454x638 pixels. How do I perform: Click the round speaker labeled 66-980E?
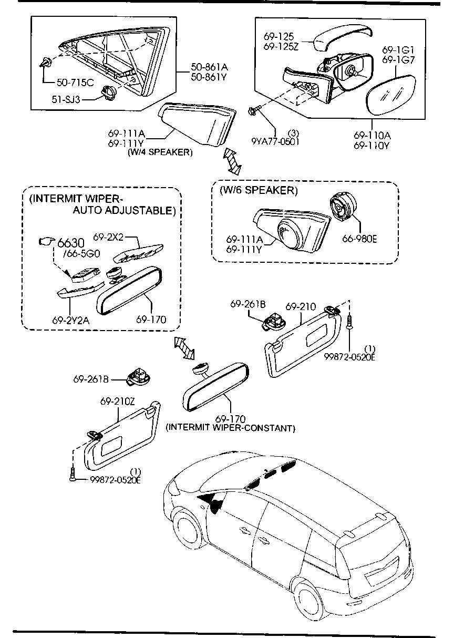click(x=342, y=210)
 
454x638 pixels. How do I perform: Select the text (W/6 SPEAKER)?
click(x=259, y=190)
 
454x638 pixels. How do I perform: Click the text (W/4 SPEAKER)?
click(x=160, y=153)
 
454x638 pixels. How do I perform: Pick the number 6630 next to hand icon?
click(x=70, y=243)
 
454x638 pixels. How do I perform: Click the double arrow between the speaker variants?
click(x=232, y=161)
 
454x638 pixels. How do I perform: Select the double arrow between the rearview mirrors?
click(x=184, y=348)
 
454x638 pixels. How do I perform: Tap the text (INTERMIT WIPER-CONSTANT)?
click(x=231, y=428)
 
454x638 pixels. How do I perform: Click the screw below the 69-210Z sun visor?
click(x=71, y=475)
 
